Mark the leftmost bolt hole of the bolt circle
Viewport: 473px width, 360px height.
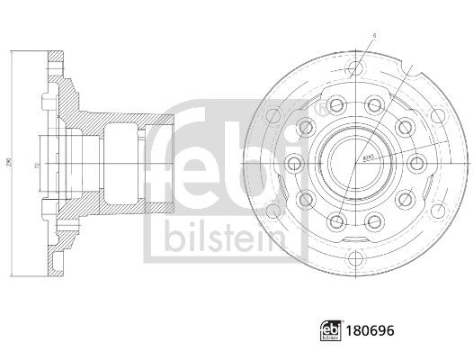[294, 162]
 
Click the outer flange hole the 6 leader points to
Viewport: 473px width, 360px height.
[359, 68]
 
